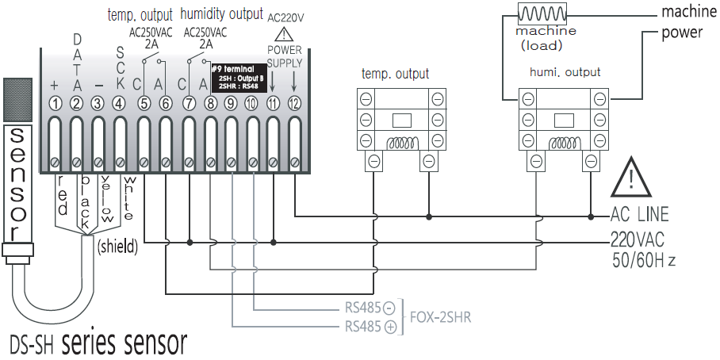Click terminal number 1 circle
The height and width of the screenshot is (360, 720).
56,103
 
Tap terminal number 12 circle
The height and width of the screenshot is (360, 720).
295,103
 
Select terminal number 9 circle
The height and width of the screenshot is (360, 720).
229,103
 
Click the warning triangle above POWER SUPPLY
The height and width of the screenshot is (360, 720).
284,35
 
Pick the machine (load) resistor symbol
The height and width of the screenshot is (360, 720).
545,14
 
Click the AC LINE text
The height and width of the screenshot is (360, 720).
639,215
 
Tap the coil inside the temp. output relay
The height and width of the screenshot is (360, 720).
401,144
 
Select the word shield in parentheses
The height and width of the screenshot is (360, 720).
117,247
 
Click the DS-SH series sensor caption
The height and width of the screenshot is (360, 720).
98,343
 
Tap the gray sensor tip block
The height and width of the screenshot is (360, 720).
19,99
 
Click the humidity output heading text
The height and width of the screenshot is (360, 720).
221,13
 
